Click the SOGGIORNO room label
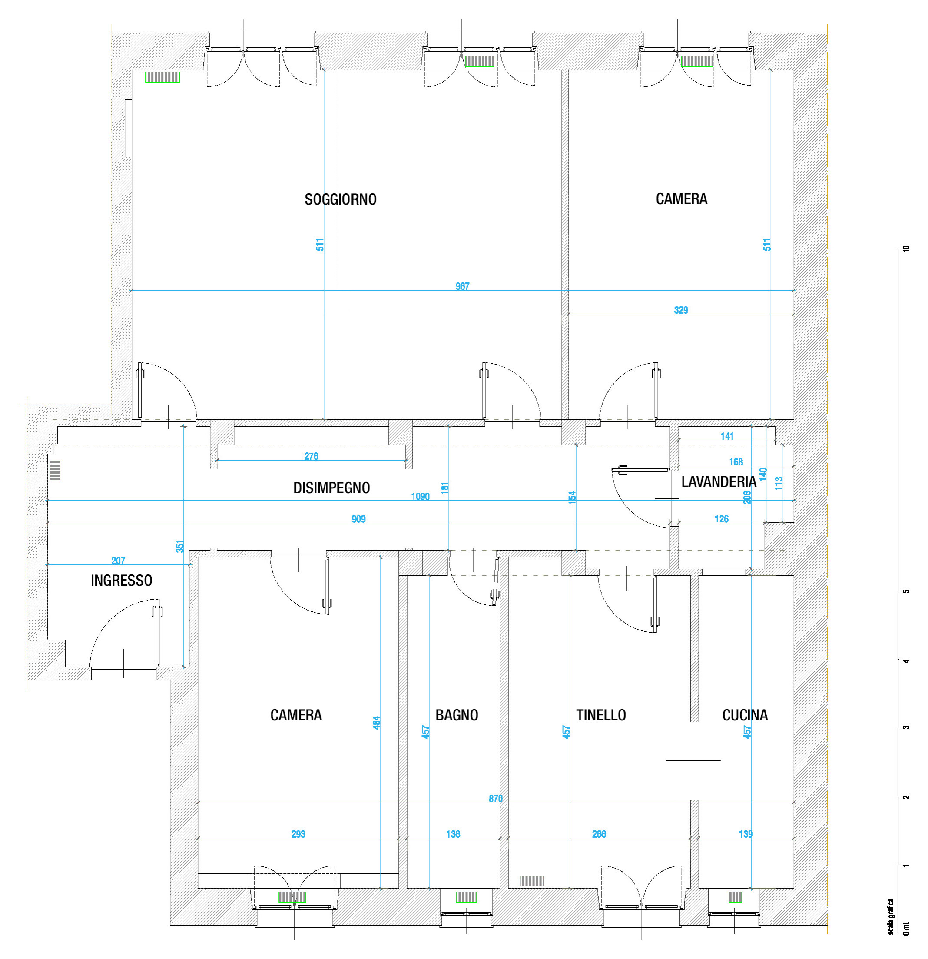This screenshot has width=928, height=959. coord(341,199)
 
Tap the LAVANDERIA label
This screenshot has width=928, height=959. coord(719,482)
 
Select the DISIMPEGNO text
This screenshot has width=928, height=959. coord(331,488)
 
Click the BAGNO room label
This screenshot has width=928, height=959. coord(457,715)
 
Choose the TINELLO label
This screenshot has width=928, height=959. coord(601,715)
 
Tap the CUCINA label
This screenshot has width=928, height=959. coord(745,715)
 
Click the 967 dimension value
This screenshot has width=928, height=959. coord(462,286)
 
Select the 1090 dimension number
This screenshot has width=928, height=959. coord(420,497)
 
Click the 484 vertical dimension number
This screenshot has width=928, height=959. coord(376,723)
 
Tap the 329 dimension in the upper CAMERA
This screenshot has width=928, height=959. coord(681,310)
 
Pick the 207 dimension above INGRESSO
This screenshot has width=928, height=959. coord(118,561)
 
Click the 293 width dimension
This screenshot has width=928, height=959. coord(298,834)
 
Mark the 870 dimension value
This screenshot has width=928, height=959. coord(496,799)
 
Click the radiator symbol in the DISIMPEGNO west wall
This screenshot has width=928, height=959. coord(55,470)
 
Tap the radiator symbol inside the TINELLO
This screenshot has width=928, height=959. coord(532,881)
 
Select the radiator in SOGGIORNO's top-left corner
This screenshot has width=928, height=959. coord(162,77)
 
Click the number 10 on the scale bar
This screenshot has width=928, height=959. coord(906,249)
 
